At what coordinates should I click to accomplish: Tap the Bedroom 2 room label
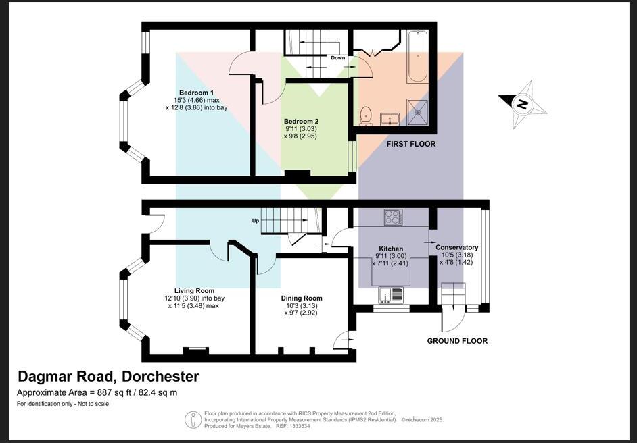click(x=301, y=122)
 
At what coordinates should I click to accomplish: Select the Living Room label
click(x=194, y=291)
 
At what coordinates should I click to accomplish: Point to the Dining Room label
click(x=302, y=298)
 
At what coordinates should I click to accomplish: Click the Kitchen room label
click(x=391, y=249)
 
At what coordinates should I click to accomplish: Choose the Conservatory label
click(x=456, y=247)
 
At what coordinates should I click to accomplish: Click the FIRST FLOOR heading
click(x=410, y=144)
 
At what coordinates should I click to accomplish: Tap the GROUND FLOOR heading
click(x=457, y=341)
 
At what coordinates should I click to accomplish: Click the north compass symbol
click(x=523, y=104)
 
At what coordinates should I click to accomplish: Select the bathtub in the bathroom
click(x=417, y=56)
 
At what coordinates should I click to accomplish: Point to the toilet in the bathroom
click(x=366, y=116)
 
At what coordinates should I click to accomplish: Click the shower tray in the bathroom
click(x=417, y=111)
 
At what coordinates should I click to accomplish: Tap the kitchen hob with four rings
click(x=394, y=217)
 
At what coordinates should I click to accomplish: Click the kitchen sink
click(x=390, y=295)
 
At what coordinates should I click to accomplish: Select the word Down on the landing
click(x=337, y=58)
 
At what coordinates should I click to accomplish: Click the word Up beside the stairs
click(x=256, y=221)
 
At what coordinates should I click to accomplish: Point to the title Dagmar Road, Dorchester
click(x=108, y=377)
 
